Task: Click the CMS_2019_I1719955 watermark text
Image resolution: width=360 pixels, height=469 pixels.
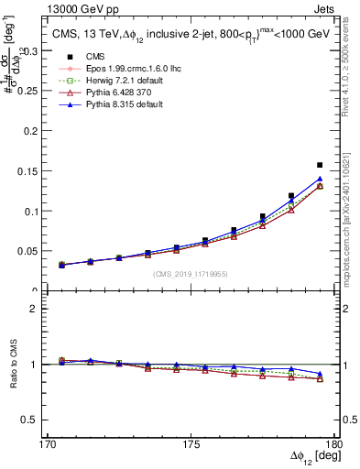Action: (191, 273)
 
